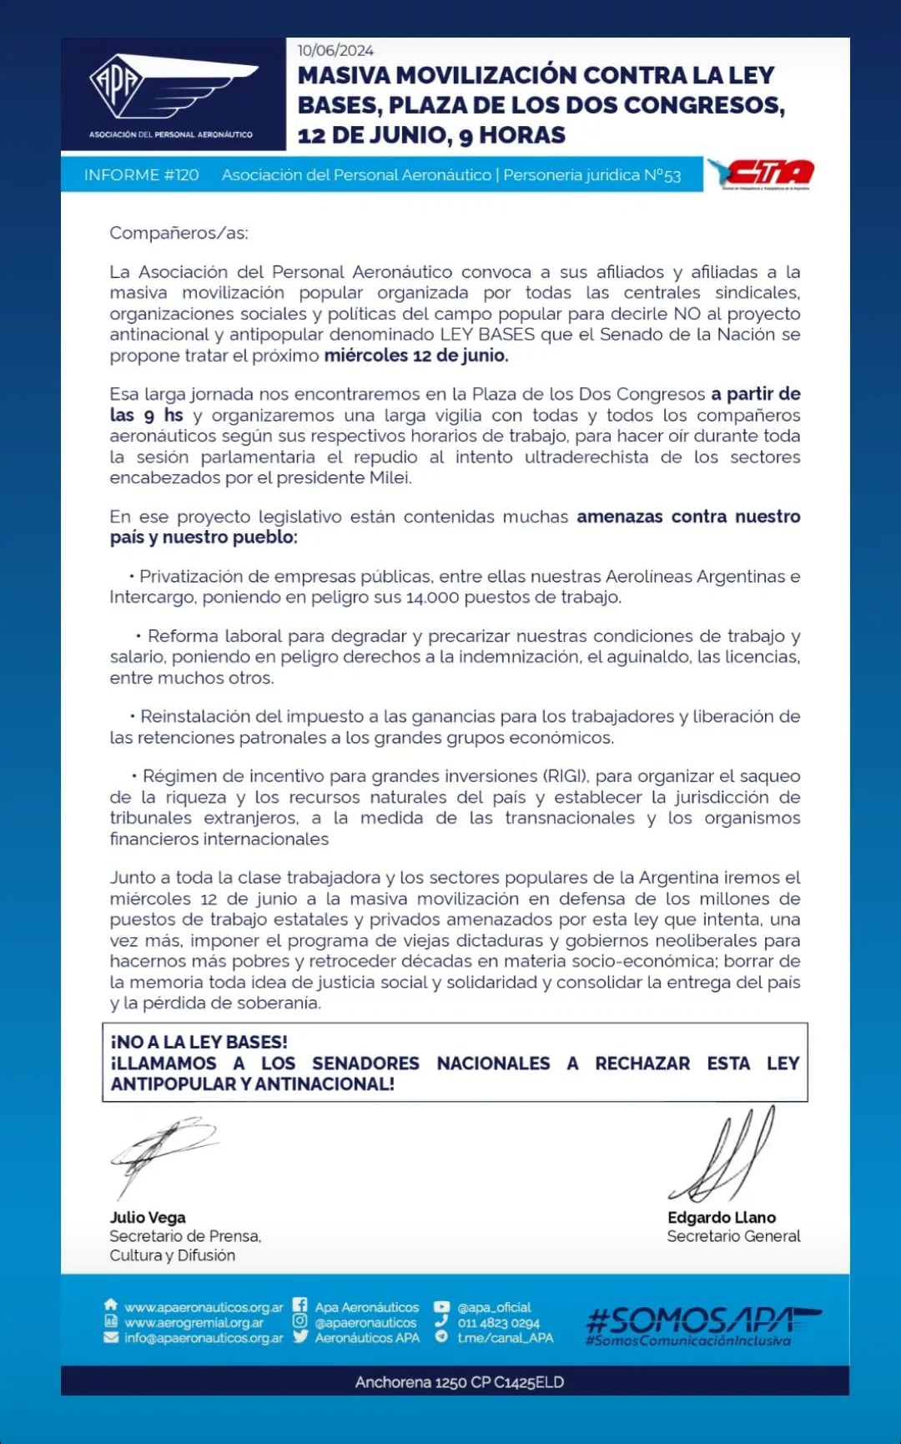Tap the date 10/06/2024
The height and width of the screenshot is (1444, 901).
pos(335,50)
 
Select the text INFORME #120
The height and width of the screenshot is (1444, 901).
pos(141,175)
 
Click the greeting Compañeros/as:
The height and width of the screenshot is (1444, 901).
pos(179,233)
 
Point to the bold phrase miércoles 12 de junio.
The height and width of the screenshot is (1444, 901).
pos(415,356)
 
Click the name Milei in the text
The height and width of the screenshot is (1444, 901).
pos(390,477)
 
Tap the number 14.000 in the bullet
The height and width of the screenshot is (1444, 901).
pos(433,598)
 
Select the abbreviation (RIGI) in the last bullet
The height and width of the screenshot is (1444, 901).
pos(564,776)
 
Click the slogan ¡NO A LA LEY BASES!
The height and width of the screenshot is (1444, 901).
pos(199,1042)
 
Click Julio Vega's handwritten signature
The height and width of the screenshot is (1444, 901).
pos(163,1152)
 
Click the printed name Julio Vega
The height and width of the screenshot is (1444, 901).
pos(148,1218)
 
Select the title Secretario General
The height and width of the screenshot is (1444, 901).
pos(733,1236)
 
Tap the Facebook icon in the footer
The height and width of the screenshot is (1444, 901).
pos(299,1306)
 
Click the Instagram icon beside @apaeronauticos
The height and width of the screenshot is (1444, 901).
pos(299,1321)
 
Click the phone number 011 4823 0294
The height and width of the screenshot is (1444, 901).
pos(498,1323)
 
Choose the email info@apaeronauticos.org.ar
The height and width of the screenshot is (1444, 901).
pos(204,1337)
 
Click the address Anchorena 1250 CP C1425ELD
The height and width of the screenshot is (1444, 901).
pos(460,1382)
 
